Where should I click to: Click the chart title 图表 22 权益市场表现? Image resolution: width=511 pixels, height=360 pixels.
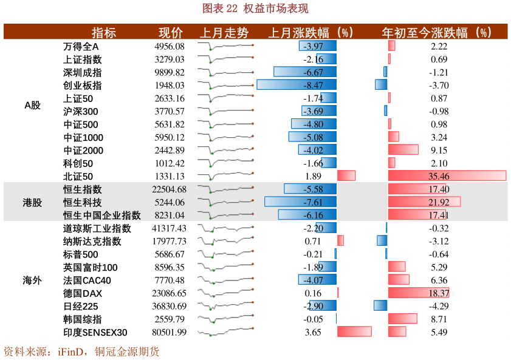[255, 8]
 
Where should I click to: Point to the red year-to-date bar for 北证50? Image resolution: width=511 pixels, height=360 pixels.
[447, 176]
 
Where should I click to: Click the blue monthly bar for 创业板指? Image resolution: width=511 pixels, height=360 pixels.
[297, 85]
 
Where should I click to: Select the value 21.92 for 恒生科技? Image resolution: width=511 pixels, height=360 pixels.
[439, 202]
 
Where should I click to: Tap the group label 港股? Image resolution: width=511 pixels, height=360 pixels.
[32, 202]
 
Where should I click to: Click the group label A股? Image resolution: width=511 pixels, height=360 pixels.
[32, 105]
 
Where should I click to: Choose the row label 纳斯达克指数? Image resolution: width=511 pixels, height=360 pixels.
[92, 242]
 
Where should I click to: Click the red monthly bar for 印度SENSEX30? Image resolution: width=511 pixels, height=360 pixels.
[354, 332]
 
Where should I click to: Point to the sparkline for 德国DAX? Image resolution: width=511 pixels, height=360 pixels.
[225, 293]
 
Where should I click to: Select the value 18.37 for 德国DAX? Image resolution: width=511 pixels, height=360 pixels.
[439, 293]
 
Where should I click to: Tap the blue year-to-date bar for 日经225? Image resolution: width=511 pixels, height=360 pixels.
[380, 306]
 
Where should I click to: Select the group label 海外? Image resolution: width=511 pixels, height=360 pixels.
[32, 280]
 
